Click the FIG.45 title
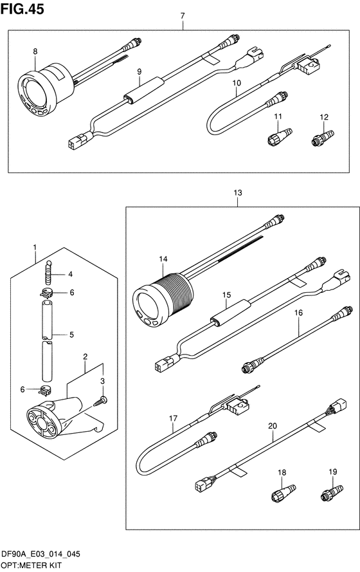(x=22, y=9)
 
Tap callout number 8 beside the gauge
(x=35, y=52)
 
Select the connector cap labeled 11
(x=280, y=136)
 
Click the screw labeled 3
(x=100, y=401)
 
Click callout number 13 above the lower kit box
(x=238, y=193)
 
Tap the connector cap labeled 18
(x=283, y=493)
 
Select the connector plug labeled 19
(x=332, y=493)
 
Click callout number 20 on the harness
(x=272, y=426)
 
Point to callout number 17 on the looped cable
(x=173, y=418)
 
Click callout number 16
(x=298, y=313)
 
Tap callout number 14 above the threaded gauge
(x=163, y=259)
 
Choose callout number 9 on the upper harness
(x=139, y=72)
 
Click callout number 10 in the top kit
(x=237, y=83)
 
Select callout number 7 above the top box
(x=183, y=15)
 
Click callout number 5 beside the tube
(x=71, y=335)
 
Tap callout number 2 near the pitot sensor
(x=85, y=356)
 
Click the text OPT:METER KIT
(x=32, y=566)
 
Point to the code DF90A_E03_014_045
(x=40, y=555)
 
